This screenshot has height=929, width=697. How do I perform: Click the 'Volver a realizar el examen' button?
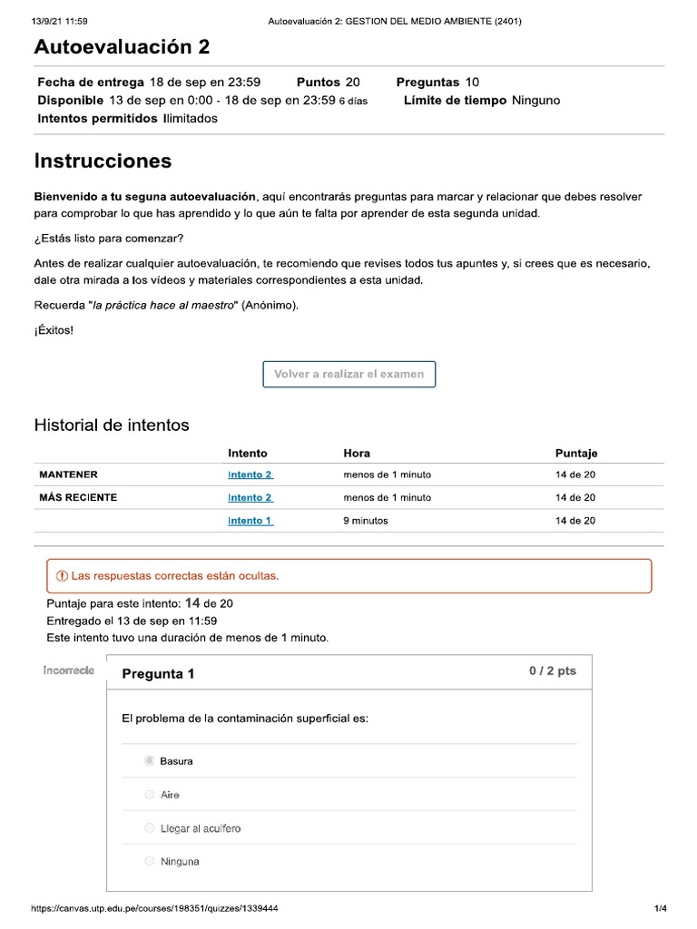[348, 374]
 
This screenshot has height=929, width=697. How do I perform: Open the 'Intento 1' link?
[250, 521]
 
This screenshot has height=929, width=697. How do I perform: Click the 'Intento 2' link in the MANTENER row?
[250, 474]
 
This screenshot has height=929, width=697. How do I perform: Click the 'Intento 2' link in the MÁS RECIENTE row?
[250, 497]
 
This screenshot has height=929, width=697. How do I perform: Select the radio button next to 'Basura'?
[149, 761]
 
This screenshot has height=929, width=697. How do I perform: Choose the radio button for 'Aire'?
[149, 795]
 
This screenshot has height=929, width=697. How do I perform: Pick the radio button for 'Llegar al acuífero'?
[149, 828]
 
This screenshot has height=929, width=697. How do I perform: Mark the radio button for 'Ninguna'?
[149, 862]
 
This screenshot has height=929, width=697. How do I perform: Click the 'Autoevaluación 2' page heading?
[122, 47]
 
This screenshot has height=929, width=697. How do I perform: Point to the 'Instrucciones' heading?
[103, 161]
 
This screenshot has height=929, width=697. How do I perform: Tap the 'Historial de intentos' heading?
[112, 425]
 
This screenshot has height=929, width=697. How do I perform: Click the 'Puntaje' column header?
[576, 453]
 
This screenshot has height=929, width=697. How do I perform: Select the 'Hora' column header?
[357, 453]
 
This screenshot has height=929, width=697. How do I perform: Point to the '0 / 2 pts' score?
[552, 671]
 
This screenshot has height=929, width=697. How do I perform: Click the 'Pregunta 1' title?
[158, 673]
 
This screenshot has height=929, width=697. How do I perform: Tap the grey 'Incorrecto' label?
[68, 670]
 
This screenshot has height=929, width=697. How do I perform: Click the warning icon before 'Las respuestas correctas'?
[62, 576]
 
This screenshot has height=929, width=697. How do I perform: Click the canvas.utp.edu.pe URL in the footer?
[154, 908]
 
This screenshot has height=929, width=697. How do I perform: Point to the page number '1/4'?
[660, 908]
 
